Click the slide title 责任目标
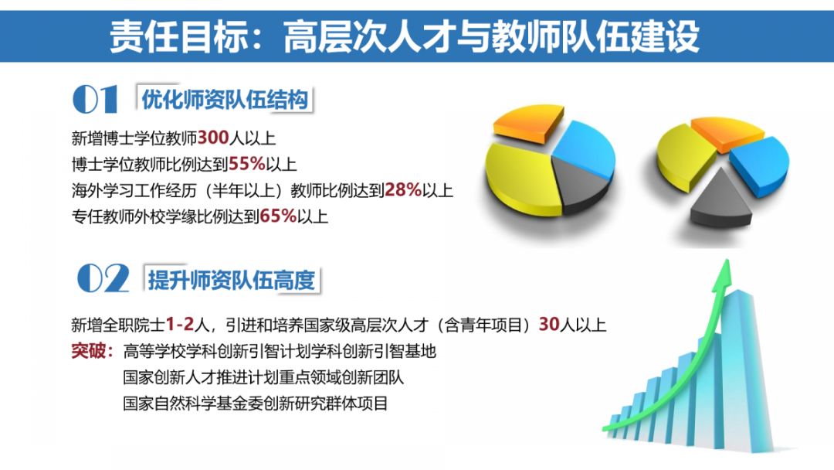pos(178,36)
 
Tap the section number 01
pos(95,100)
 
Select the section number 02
pos(103,278)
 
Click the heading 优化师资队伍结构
pos(225,100)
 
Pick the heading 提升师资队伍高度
pos(232,280)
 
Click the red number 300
pos(213,138)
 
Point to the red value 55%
pos(247,164)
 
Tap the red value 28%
pos(402,189)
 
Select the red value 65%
pos(278,216)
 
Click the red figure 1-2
pos(180,324)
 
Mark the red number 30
pos(549,324)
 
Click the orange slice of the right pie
pos(727,132)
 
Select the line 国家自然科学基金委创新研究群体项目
pos(256,403)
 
